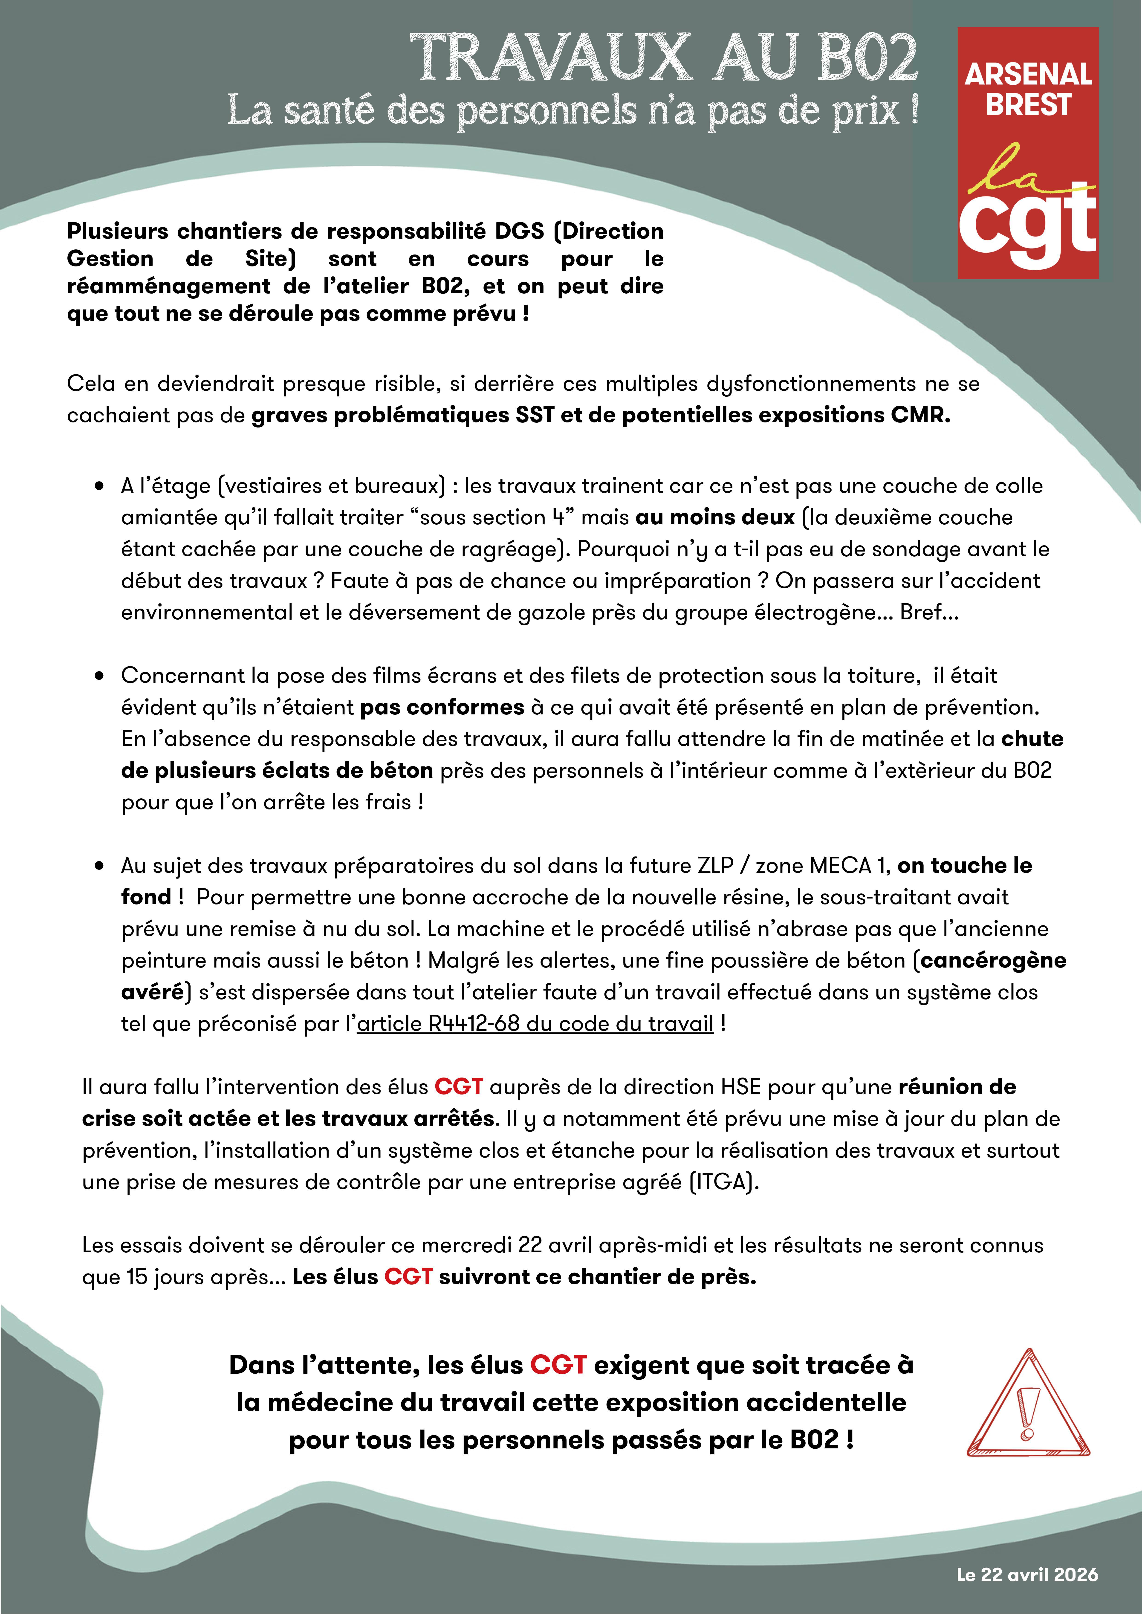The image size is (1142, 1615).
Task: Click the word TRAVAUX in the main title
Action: tap(549, 58)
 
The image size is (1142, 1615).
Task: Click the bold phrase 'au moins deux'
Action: tap(715, 518)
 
